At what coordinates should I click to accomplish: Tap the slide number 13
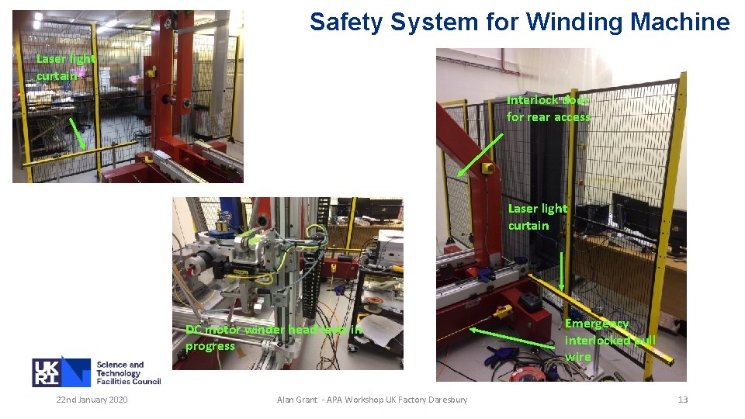(683, 400)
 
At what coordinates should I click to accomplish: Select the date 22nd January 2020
(92, 400)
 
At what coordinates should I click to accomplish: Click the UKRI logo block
(61, 372)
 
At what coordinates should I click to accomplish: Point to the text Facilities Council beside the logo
(128, 381)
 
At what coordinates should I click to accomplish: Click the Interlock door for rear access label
(548, 109)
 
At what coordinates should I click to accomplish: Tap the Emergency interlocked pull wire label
(609, 340)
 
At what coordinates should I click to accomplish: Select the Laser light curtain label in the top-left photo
(65, 67)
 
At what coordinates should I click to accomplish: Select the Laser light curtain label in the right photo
(538, 216)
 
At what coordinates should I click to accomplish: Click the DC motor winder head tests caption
(273, 338)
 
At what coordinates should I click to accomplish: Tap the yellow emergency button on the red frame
(488, 168)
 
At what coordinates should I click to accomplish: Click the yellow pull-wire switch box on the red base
(504, 312)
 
